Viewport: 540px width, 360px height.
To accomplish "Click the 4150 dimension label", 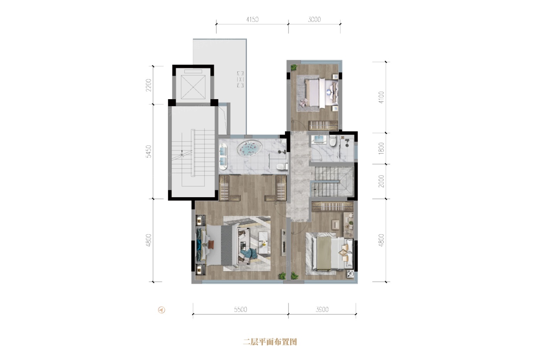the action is click(x=252, y=20).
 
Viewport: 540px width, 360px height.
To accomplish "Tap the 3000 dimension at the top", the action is click(x=314, y=20).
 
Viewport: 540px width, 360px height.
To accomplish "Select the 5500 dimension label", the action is click(x=241, y=309).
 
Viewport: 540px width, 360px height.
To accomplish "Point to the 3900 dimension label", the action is click(x=322, y=309).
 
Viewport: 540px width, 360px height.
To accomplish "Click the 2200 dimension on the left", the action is click(x=148, y=85).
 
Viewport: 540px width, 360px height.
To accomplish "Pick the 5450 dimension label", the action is click(x=148, y=151).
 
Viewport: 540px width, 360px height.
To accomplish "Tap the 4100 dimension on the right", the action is click(x=381, y=97).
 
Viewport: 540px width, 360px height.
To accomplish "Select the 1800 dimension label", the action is click(x=381, y=148).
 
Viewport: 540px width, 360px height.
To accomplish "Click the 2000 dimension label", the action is click(x=381, y=181).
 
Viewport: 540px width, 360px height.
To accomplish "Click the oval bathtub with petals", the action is click(x=250, y=148).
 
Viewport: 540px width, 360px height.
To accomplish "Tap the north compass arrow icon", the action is click(x=162, y=309).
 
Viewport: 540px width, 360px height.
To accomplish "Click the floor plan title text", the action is click(x=270, y=342).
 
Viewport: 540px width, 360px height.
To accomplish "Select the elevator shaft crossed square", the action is click(x=193, y=87).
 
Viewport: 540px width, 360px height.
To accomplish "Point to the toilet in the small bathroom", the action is click(x=332, y=141).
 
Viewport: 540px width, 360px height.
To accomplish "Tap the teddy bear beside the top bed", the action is click(x=303, y=102).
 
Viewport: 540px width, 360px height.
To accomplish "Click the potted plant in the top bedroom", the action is click(x=294, y=68).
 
